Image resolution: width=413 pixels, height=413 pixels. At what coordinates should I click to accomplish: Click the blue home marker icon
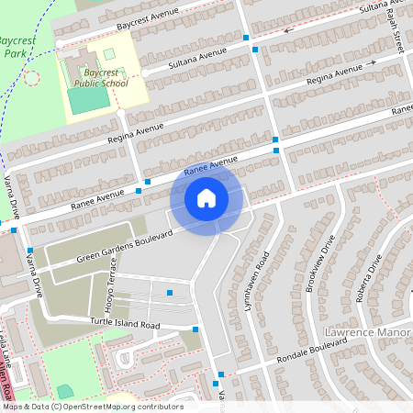tap(206, 198)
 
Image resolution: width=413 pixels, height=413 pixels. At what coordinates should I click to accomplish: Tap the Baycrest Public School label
tap(102, 76)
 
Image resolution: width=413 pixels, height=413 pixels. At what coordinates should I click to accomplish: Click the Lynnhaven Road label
tap(262, 261)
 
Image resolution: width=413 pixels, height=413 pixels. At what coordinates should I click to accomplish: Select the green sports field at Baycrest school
tap(86, 99)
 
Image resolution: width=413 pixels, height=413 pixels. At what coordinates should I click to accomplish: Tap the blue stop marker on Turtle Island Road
tap(195, 329)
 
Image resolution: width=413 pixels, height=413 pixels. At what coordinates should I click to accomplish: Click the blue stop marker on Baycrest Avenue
tap(246, 38)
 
